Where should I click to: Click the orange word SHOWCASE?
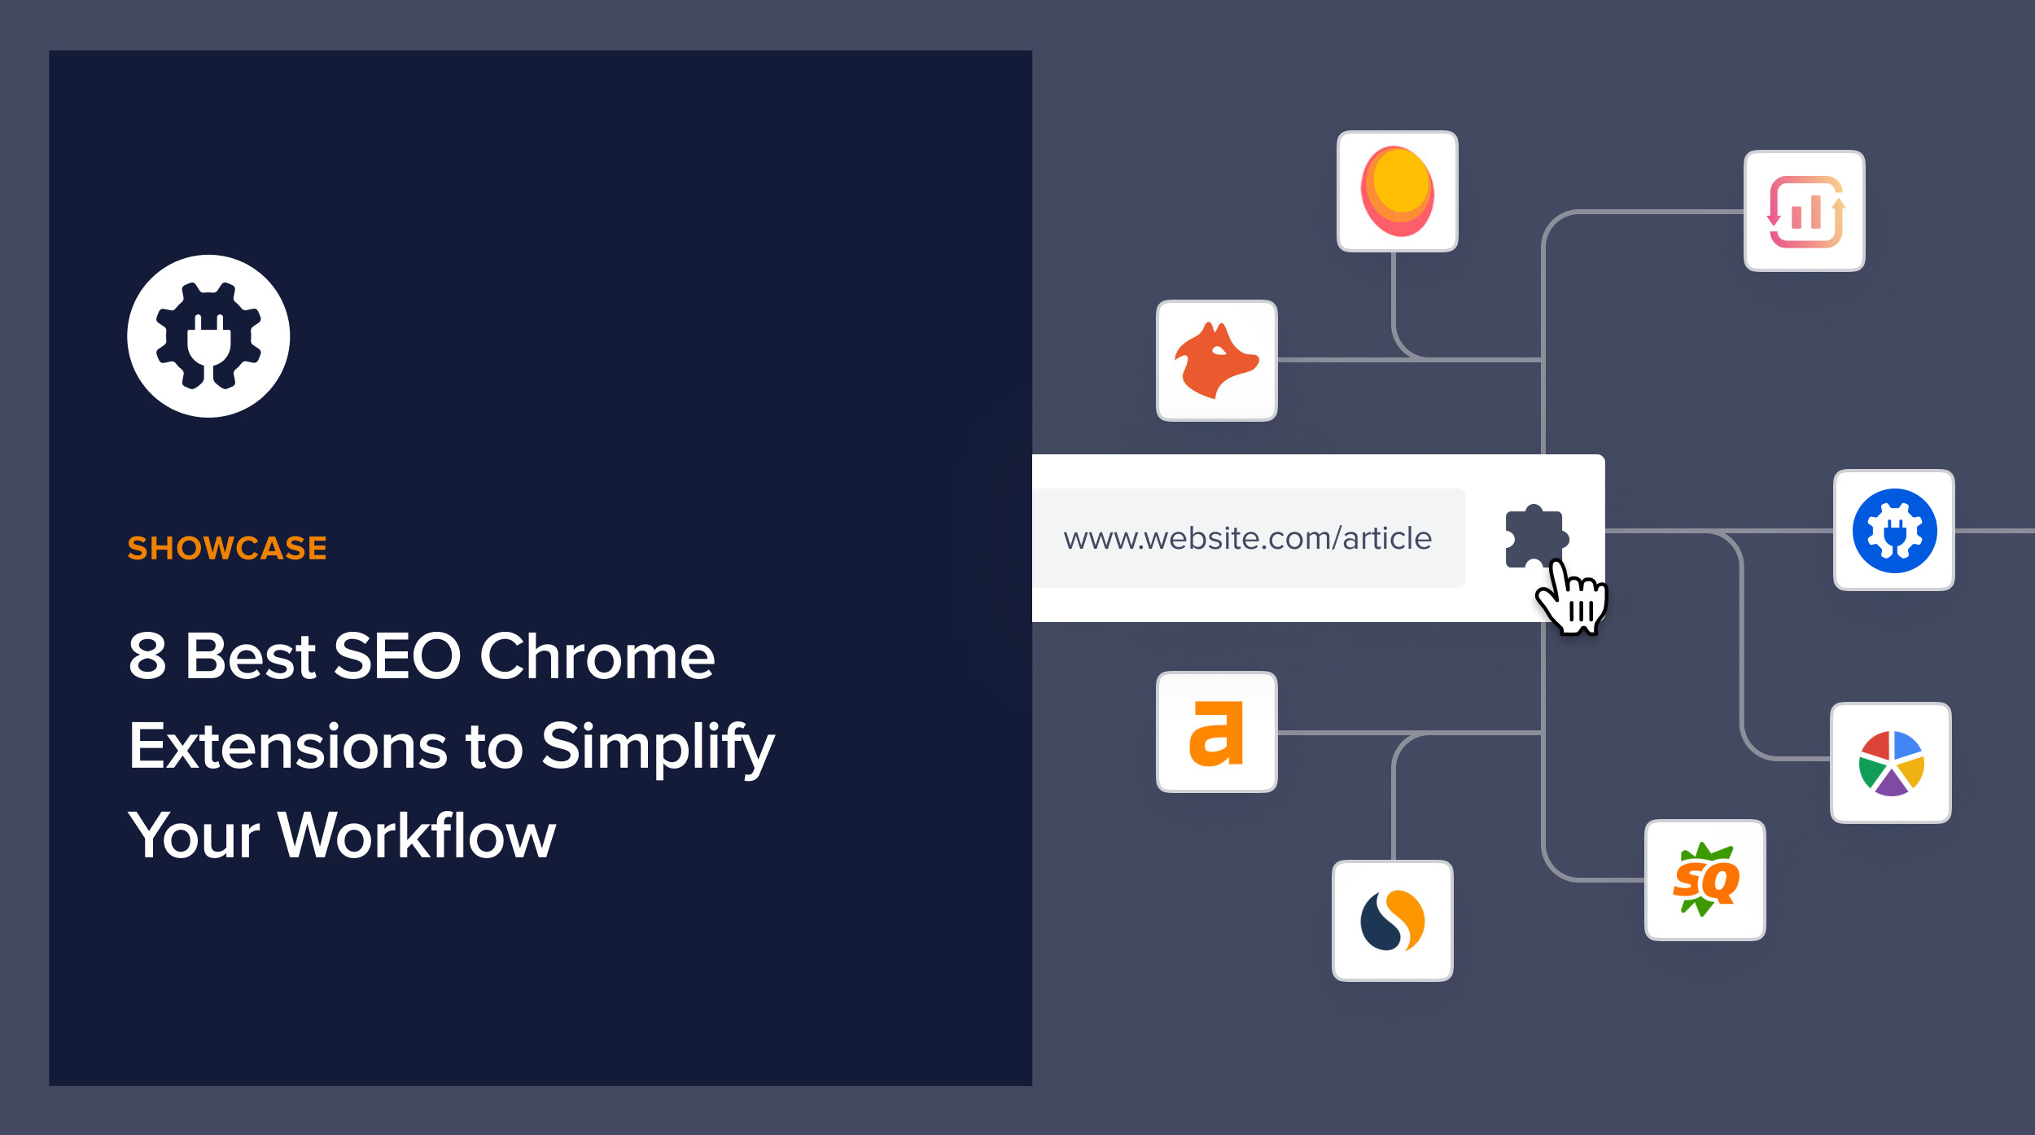(227, 548)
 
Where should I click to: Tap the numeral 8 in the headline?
(147, 656)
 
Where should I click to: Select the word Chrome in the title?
(597, 656)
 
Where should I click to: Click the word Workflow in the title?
(416, 835)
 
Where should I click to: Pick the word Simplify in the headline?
(658, 746)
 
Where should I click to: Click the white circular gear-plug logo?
(208, 336)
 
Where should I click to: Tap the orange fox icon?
(1216, 361)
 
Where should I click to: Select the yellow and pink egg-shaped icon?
(1397, 191)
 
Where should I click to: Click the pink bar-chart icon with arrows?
(1804, 211)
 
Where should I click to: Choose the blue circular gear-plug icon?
(1893, 530)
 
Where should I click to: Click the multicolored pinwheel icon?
(1890, 763)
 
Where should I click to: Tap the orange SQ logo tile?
(1705, 880)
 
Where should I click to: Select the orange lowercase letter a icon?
(1216, 732)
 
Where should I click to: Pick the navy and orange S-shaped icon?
(1392, 921)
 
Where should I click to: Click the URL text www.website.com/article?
(1247, 538)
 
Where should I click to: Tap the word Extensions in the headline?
(287, 746)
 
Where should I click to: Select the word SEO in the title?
(396, 656)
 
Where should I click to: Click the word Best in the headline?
(250, 656)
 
